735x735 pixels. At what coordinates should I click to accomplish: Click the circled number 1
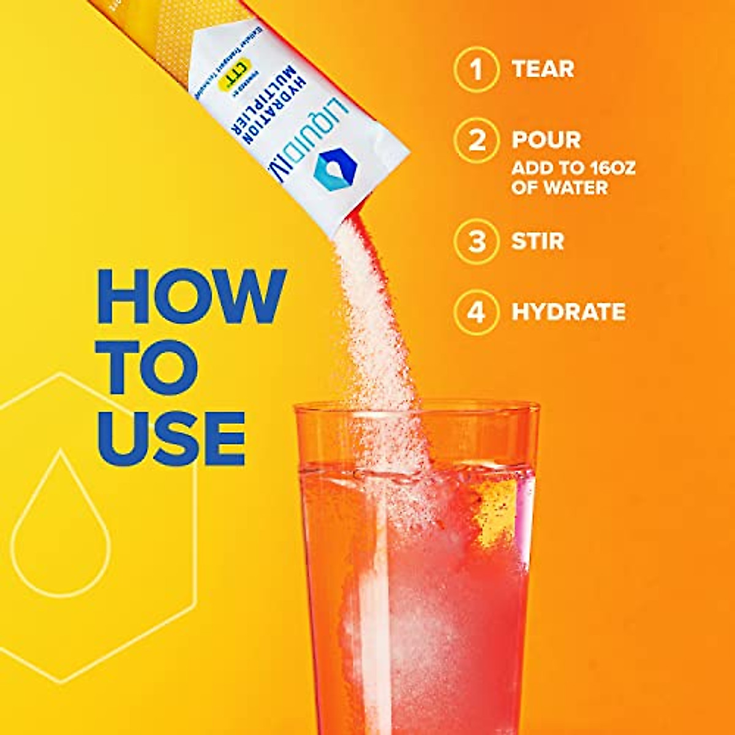click(x=476, y=69)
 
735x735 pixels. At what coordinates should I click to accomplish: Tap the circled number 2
click(x=476, y=140)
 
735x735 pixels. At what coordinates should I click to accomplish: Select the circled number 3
click(x=476, y=241)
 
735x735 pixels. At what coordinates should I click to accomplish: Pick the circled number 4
click(x=476, y=312)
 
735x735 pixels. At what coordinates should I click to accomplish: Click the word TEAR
click(x=543, y=69)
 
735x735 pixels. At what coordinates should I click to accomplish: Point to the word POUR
click(x=546, y=140)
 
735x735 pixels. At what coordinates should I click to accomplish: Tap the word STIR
click(x=538, y=241)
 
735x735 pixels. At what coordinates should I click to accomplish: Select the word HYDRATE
click(x=568, y=312)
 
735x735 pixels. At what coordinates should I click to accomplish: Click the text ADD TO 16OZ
click(x=573, y=168)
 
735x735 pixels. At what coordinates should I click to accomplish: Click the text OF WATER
click(x=559, y=187)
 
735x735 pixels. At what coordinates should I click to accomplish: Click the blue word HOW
click(x=192, y=296)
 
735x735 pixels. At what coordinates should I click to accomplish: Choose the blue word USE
click(x=171, y=437)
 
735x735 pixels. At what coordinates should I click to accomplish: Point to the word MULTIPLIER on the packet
click(x=263, y=104)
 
